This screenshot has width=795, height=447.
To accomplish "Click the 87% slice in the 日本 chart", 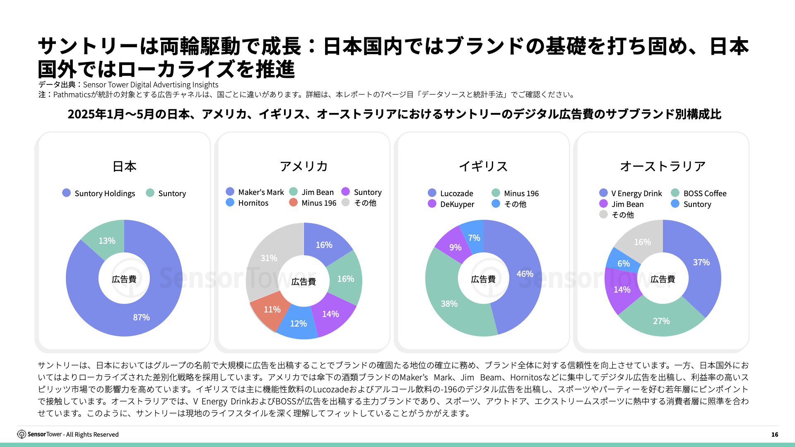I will pos(141,317).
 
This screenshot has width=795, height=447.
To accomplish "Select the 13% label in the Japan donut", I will pos(107,241).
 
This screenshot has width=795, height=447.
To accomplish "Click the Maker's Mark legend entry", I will pos(255,192).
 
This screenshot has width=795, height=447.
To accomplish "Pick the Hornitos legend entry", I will pos(247,203).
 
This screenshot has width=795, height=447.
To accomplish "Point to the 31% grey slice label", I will pos(269,258).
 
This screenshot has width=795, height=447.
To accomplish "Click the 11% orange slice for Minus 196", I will pos(272,310).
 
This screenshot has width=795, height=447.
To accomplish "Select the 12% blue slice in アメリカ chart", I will pos(298,324).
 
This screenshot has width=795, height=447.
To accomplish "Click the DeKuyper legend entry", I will pos(451,204).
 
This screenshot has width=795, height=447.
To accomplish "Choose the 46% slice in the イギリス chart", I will pos(524,274).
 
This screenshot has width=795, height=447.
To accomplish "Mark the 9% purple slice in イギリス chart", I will pos(455,248).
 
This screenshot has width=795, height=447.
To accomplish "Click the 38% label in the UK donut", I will pos(449,304).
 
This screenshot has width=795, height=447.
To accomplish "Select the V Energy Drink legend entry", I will pos(631,193).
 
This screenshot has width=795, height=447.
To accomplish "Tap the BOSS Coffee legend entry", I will pos(699,193).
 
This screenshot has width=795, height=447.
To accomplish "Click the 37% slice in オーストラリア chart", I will pos(701,262).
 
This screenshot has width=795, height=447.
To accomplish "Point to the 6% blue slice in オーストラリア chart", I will pos(623,264).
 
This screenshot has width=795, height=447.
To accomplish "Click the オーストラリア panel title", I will pos(662,166).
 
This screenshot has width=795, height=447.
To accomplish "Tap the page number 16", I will pos(775,435).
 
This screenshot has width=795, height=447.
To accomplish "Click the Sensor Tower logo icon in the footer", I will pos(22,434).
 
